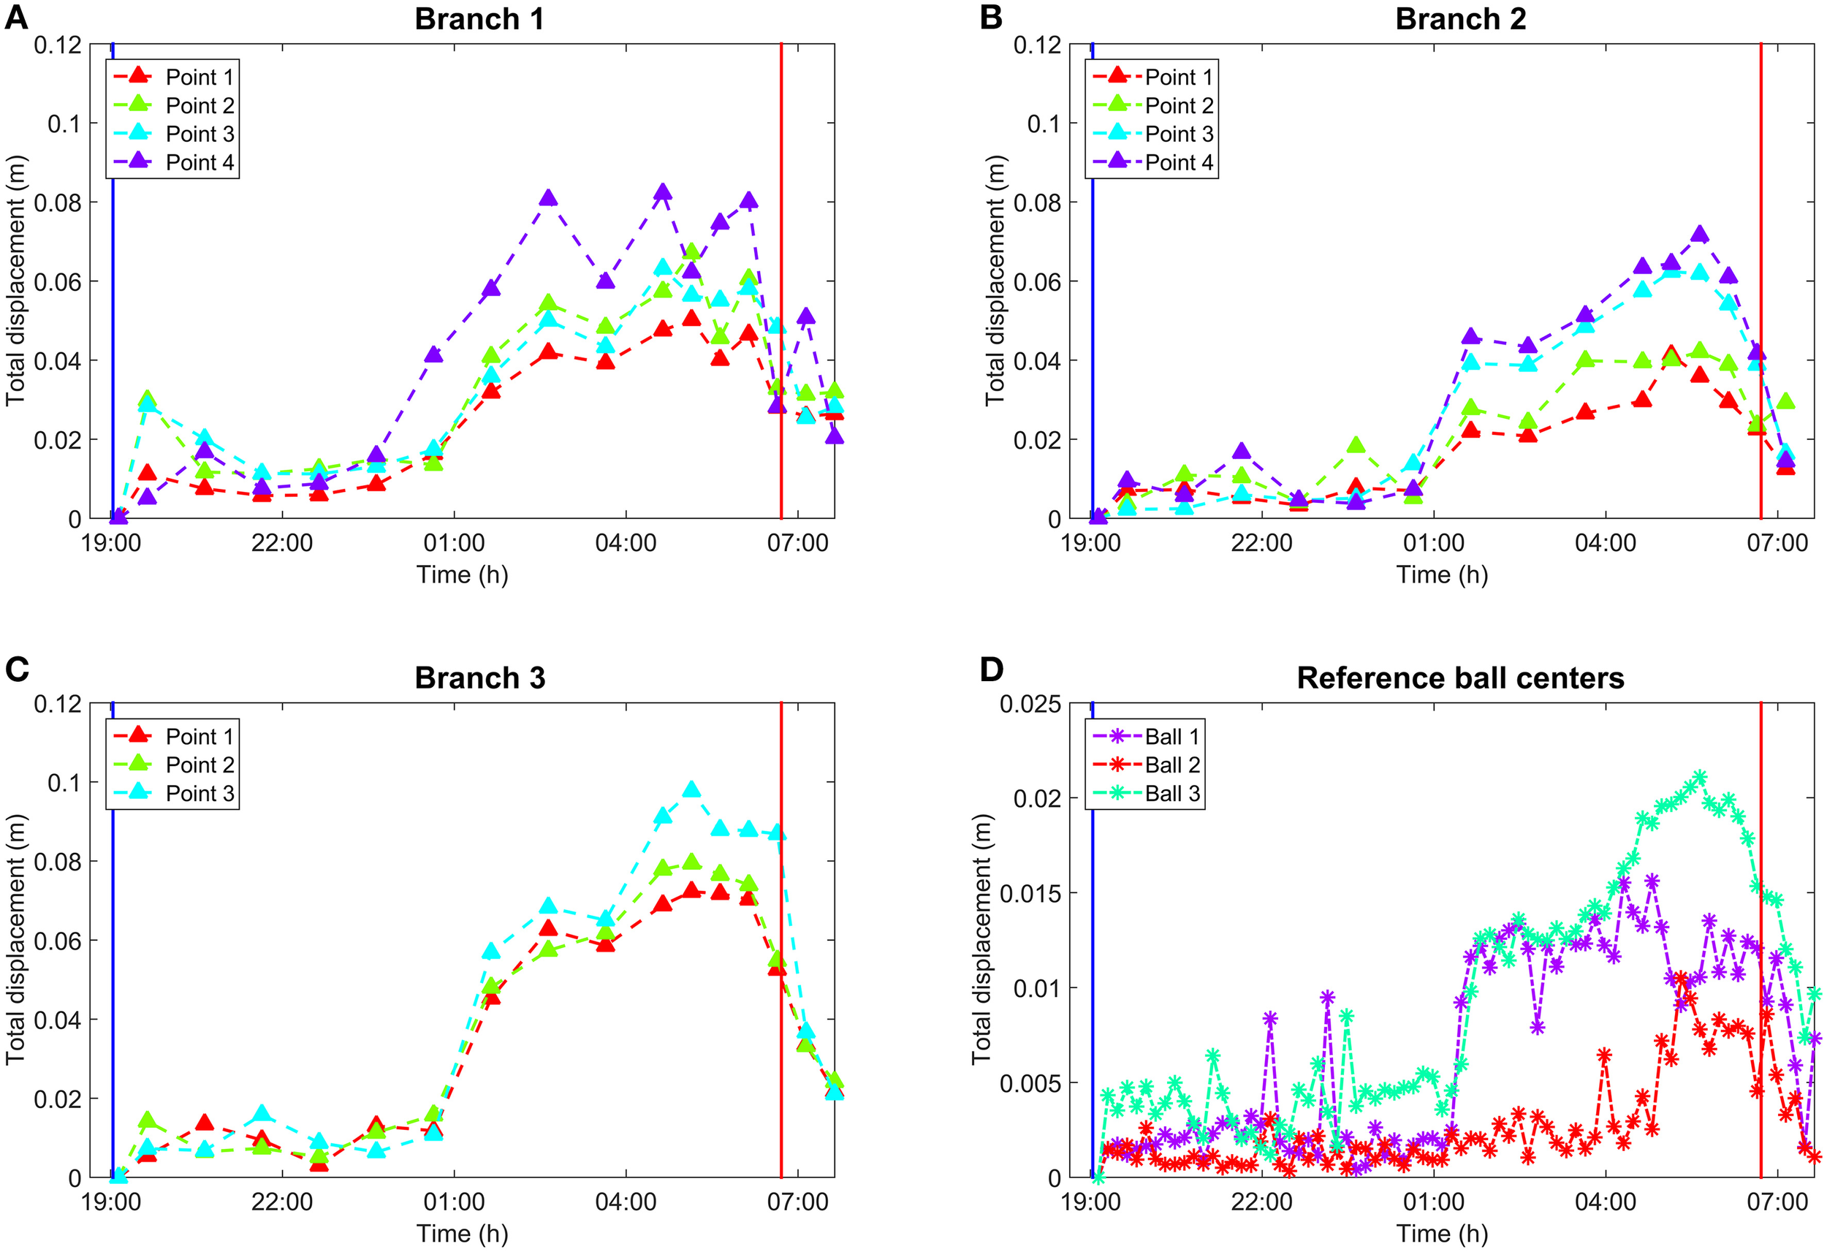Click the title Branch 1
coord(479,19)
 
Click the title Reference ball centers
coord(1460,678)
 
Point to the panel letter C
coord(18,669)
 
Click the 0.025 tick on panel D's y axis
coord(1029,705)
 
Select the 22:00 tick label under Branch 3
coord(281,1202)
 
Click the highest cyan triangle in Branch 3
coord(691,789)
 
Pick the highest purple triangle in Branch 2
coord(1700,235)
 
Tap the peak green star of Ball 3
coord(1699,778)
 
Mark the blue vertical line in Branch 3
coord(113,944)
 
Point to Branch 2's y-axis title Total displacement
coord(995,281)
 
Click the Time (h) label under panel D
coord(1441,1233)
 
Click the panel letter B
coord(991,18)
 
